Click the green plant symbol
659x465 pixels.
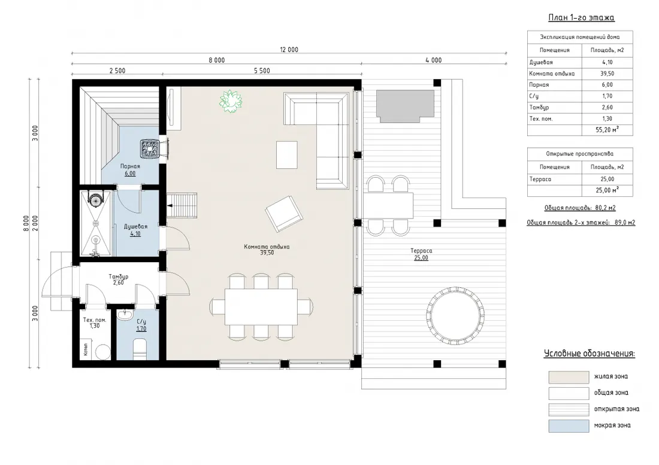[230, 101]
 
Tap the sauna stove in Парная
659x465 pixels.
[149, 148]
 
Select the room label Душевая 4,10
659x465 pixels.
[135, 230]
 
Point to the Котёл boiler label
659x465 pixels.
[86, 349]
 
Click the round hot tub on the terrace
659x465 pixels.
[455, 315]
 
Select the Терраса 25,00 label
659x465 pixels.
[421, 254]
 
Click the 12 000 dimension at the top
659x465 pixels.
[289, 50]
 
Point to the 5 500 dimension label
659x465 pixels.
[262, 71]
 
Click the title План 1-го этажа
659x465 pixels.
[581, 17]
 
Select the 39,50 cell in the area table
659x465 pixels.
[607, 74]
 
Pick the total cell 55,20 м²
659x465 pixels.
[607, 130]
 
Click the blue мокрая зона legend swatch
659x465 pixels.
[569, 426]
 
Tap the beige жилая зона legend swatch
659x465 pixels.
[569, 377]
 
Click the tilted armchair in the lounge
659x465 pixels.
[284, 213]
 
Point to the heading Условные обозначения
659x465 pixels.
[590, 353]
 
